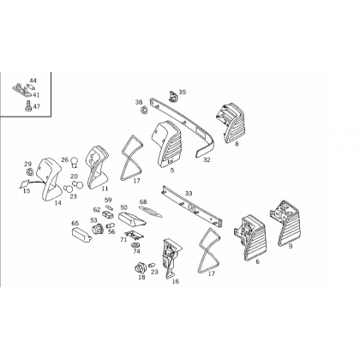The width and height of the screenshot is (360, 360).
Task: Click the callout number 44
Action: (x=33, y=81)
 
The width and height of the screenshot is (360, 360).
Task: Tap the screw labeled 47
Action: (x=28, y=106)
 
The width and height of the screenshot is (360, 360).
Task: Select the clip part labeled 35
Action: (x=172, y=96)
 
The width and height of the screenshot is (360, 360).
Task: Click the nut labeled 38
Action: (x=145, y=110)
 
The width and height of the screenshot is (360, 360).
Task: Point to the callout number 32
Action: (x=207, y=159)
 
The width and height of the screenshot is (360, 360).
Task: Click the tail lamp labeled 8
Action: (x=230, y=123)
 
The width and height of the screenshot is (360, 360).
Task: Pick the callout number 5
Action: (x=172, y=171)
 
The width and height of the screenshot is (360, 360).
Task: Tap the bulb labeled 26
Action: (x=75, y=162)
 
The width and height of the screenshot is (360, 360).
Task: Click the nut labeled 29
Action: (x=30, y=172)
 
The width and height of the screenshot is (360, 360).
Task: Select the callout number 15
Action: (x=27, y=190)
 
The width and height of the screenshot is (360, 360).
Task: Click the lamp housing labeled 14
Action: (x=50, y=178)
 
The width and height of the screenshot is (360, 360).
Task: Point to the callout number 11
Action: (x=105, y=189)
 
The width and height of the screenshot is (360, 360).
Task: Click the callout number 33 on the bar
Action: (x=189, y=194)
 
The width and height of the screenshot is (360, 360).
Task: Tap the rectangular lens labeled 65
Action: (x=81, y=235)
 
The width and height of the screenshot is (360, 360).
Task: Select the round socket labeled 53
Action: (x=96, y=229)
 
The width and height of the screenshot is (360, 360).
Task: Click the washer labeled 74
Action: (x=135, y=245)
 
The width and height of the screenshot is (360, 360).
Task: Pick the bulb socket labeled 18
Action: (x=141, y=268)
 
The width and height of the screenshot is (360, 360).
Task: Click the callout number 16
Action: (x=176, y=281)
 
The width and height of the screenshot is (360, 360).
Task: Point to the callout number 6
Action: (x=257, y=261)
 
